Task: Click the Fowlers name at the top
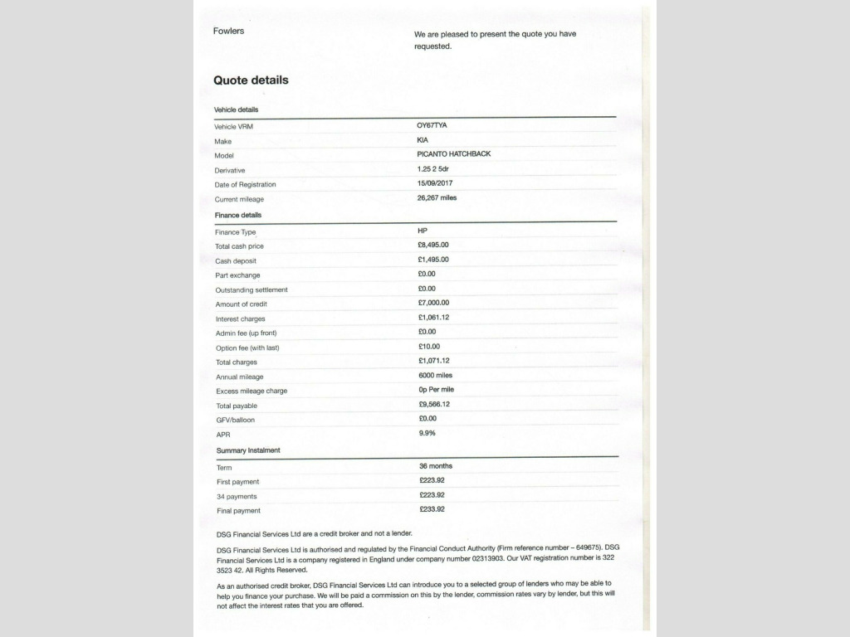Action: click(228, 32)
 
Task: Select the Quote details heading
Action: click(251, 80)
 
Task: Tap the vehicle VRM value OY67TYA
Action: click(432, 125)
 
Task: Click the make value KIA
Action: click(423, 139)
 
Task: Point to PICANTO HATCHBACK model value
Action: click(453, 154)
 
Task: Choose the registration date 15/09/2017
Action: click(435, 183)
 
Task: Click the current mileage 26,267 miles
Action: click(437, 197)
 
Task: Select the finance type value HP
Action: click(423, 230)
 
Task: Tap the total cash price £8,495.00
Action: click(433, 245)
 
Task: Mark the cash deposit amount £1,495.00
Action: click(433, 260)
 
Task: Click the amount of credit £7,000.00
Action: click(433, 303)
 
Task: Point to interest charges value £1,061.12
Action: click(433, 318)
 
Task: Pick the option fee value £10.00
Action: click(429, 346)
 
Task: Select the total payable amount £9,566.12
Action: click(434, 404)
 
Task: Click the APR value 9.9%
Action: click(427, 433)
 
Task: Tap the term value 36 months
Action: click(436, 466)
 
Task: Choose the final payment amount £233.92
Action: click(432, 509)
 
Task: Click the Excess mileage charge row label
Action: click(252, 391)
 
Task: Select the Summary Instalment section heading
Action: click(248, 450)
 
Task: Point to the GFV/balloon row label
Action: click(236, 420)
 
